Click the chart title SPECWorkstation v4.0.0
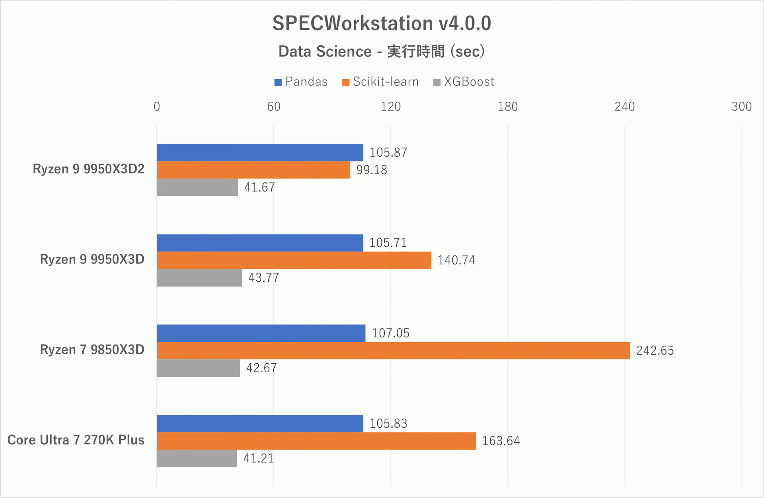coord(382,23)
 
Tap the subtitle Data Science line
coord(382,52)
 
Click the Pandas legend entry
coord(301,82)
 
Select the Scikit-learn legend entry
coord(380,82)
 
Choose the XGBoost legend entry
coord(464,82)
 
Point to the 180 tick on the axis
coord(507,107)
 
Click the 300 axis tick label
coord(741,107)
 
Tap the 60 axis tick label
coord(274,107)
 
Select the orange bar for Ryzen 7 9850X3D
coord(393,351)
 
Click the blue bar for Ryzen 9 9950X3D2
coord(260,153)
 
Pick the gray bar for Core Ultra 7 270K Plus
coord(197,458)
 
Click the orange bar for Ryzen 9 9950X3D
coord(294,260)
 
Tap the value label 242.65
coord(655,351)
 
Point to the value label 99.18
coord(371,170)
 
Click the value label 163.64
coord(501,441)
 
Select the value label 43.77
coord(263,278)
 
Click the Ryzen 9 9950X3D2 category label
coord(88,169)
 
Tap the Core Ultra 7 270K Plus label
coord(76,440)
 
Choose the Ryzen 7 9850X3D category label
coord(92,350)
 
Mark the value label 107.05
coord(390,333)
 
